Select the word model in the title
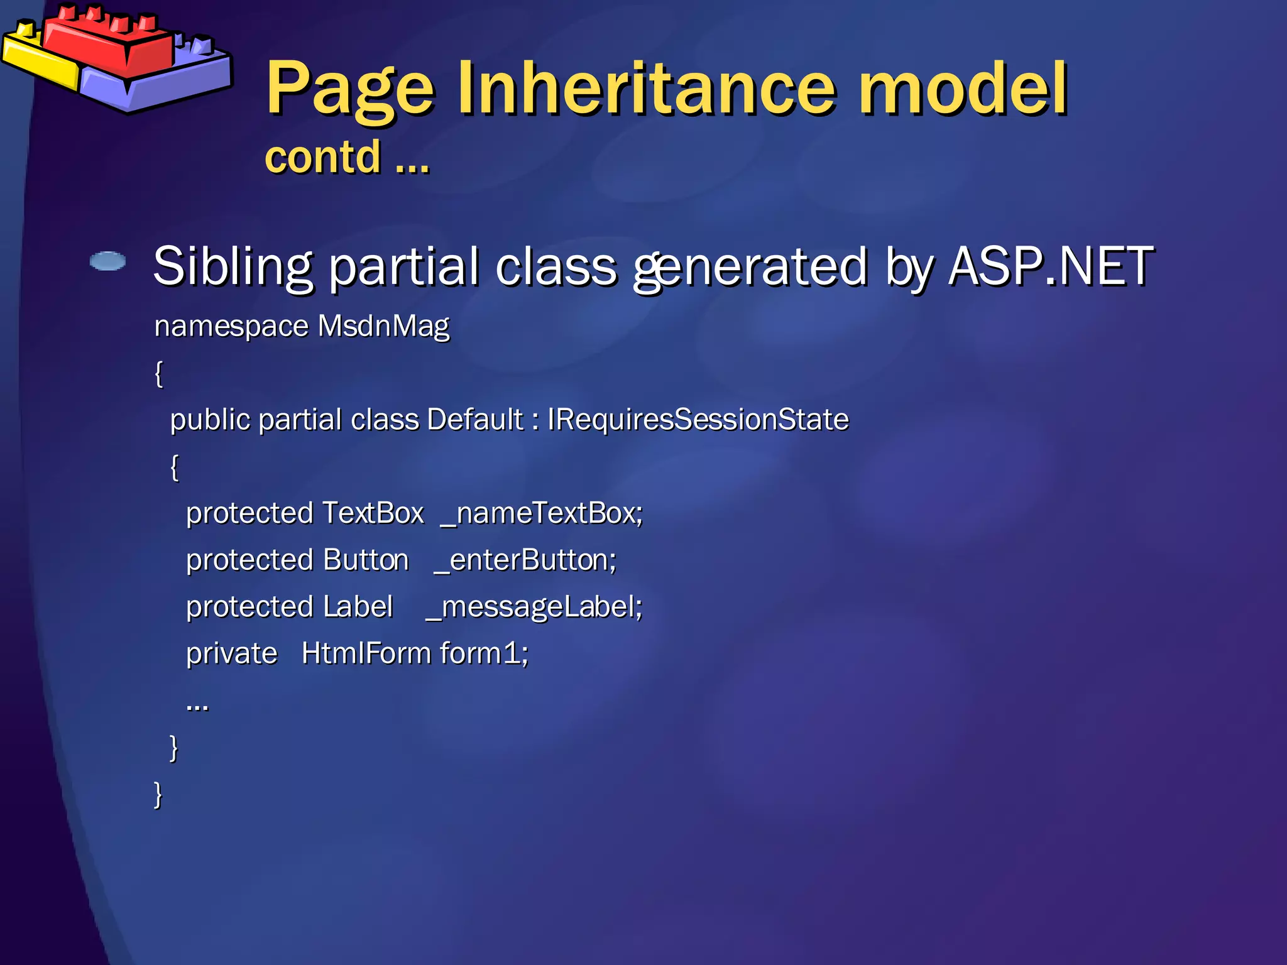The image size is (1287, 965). [x=963, y=89]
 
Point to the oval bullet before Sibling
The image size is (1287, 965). [x=107, y=261]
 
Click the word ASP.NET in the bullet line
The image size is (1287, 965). [x=1051, y=266]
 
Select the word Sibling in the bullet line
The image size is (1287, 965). [x=233, y=266]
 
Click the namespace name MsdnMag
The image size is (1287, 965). [x=383, y=326]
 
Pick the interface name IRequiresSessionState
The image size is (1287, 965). [x=698, y=419]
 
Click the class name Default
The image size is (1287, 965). [x=474, y=419]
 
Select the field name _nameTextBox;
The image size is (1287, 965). [x=542, y=513]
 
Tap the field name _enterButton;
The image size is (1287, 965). [x=525, y=560]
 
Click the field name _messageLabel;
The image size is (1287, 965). [x=534, y=607]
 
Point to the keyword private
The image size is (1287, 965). [x=231, y=653]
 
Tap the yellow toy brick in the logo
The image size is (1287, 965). [x=38, y=60]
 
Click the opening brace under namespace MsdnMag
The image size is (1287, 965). [x=159, y=374]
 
